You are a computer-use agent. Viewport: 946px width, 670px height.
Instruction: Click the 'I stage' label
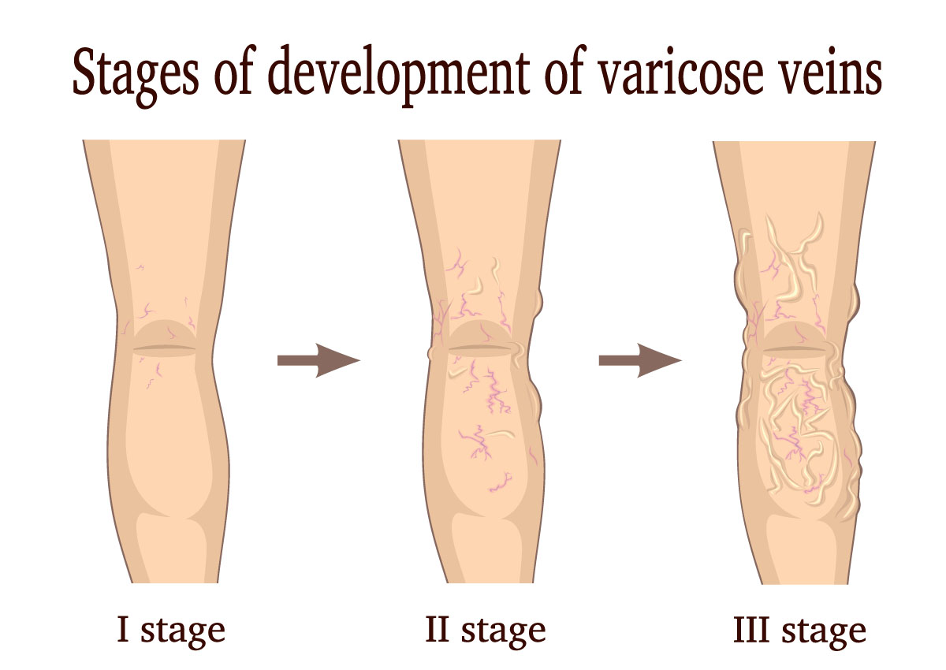170,631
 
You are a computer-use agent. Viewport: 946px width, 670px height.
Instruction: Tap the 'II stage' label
484,631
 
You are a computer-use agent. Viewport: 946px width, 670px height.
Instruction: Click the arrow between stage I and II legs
318,360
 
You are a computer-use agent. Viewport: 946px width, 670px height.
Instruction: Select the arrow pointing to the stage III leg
639,360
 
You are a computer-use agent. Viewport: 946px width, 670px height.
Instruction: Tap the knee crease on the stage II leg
479,348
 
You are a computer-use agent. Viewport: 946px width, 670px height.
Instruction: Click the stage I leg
166,441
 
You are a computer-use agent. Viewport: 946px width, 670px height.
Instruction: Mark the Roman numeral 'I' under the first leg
123,630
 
